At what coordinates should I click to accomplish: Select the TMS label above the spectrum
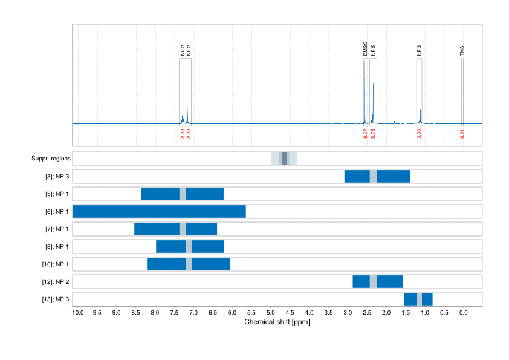click(x=462, y=51)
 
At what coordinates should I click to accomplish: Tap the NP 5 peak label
click(x=373, y=51)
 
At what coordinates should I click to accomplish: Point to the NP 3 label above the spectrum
click(x=419, y=51)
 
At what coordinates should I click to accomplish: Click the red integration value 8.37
click(x=365, y=134)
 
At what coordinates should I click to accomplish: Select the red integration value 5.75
click(x=373, y=134)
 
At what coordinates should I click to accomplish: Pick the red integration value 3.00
click(x=419, y=134)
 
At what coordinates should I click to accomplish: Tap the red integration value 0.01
click(x=462, y=134)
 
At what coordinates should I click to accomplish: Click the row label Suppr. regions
click(x=51, y=159)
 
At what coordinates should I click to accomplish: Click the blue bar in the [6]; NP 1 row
click(x=159, y=212)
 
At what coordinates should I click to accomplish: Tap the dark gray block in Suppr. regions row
click(x=284, y=159)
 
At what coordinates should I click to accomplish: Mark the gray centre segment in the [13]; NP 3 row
click(x=419, y=299)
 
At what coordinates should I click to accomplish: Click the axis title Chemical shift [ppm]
click(x=277, y=322)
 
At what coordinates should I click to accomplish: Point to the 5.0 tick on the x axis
click(x=271, y=313)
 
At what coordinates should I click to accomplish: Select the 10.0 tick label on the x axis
click(x=78, y=313)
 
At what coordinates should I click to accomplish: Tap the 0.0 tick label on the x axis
click(x=463, y=313)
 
